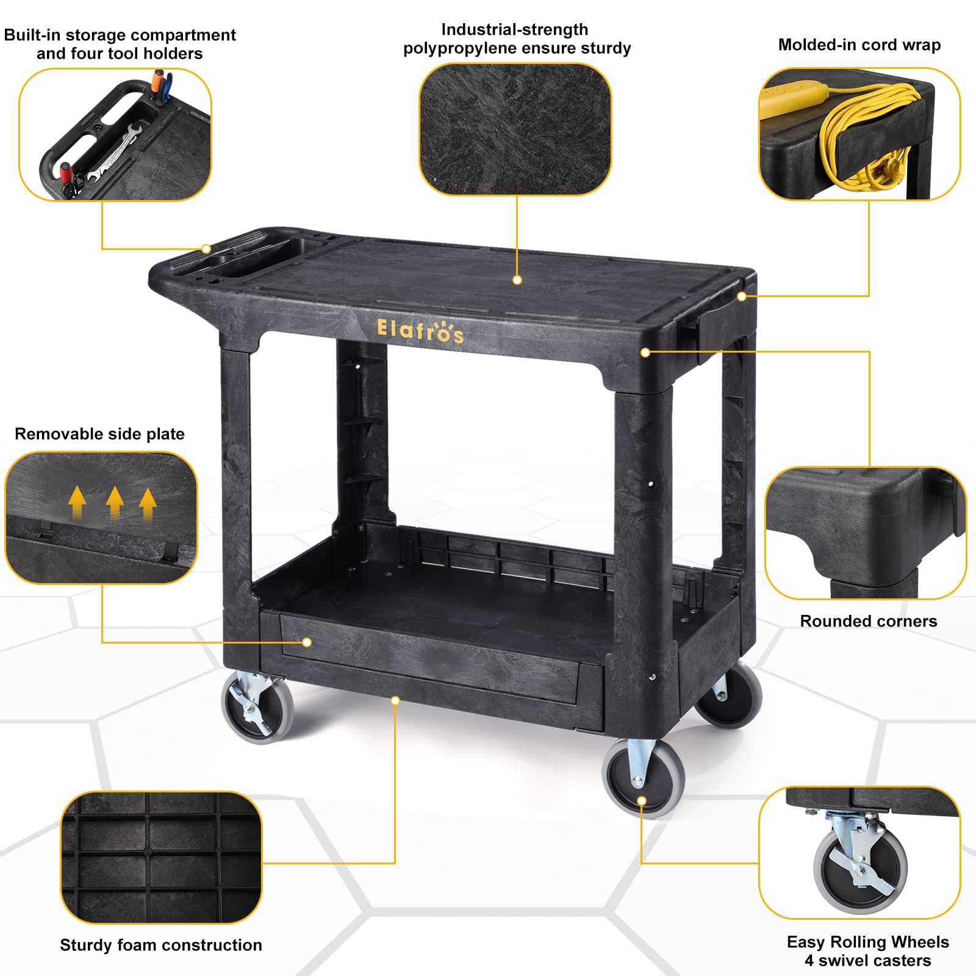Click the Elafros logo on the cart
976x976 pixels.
click(420, 331)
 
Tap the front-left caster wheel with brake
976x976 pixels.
click(257, 708)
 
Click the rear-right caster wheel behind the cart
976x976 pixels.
click(729, 695)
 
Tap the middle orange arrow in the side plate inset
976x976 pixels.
click(115, 502)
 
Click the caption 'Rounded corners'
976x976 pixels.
click(869, 621)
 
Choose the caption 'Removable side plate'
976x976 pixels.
click(99, 434)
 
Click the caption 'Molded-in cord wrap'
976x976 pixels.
click(859, 45)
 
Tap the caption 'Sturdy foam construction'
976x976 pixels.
click(161, 945)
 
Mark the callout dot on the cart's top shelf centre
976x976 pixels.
click(517, 280)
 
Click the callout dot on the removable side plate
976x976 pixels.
click(307, 642)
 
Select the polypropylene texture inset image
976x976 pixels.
click(515, 129)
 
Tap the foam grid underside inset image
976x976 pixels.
click(162, 858)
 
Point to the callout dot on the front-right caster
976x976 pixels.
click(642, 801)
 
